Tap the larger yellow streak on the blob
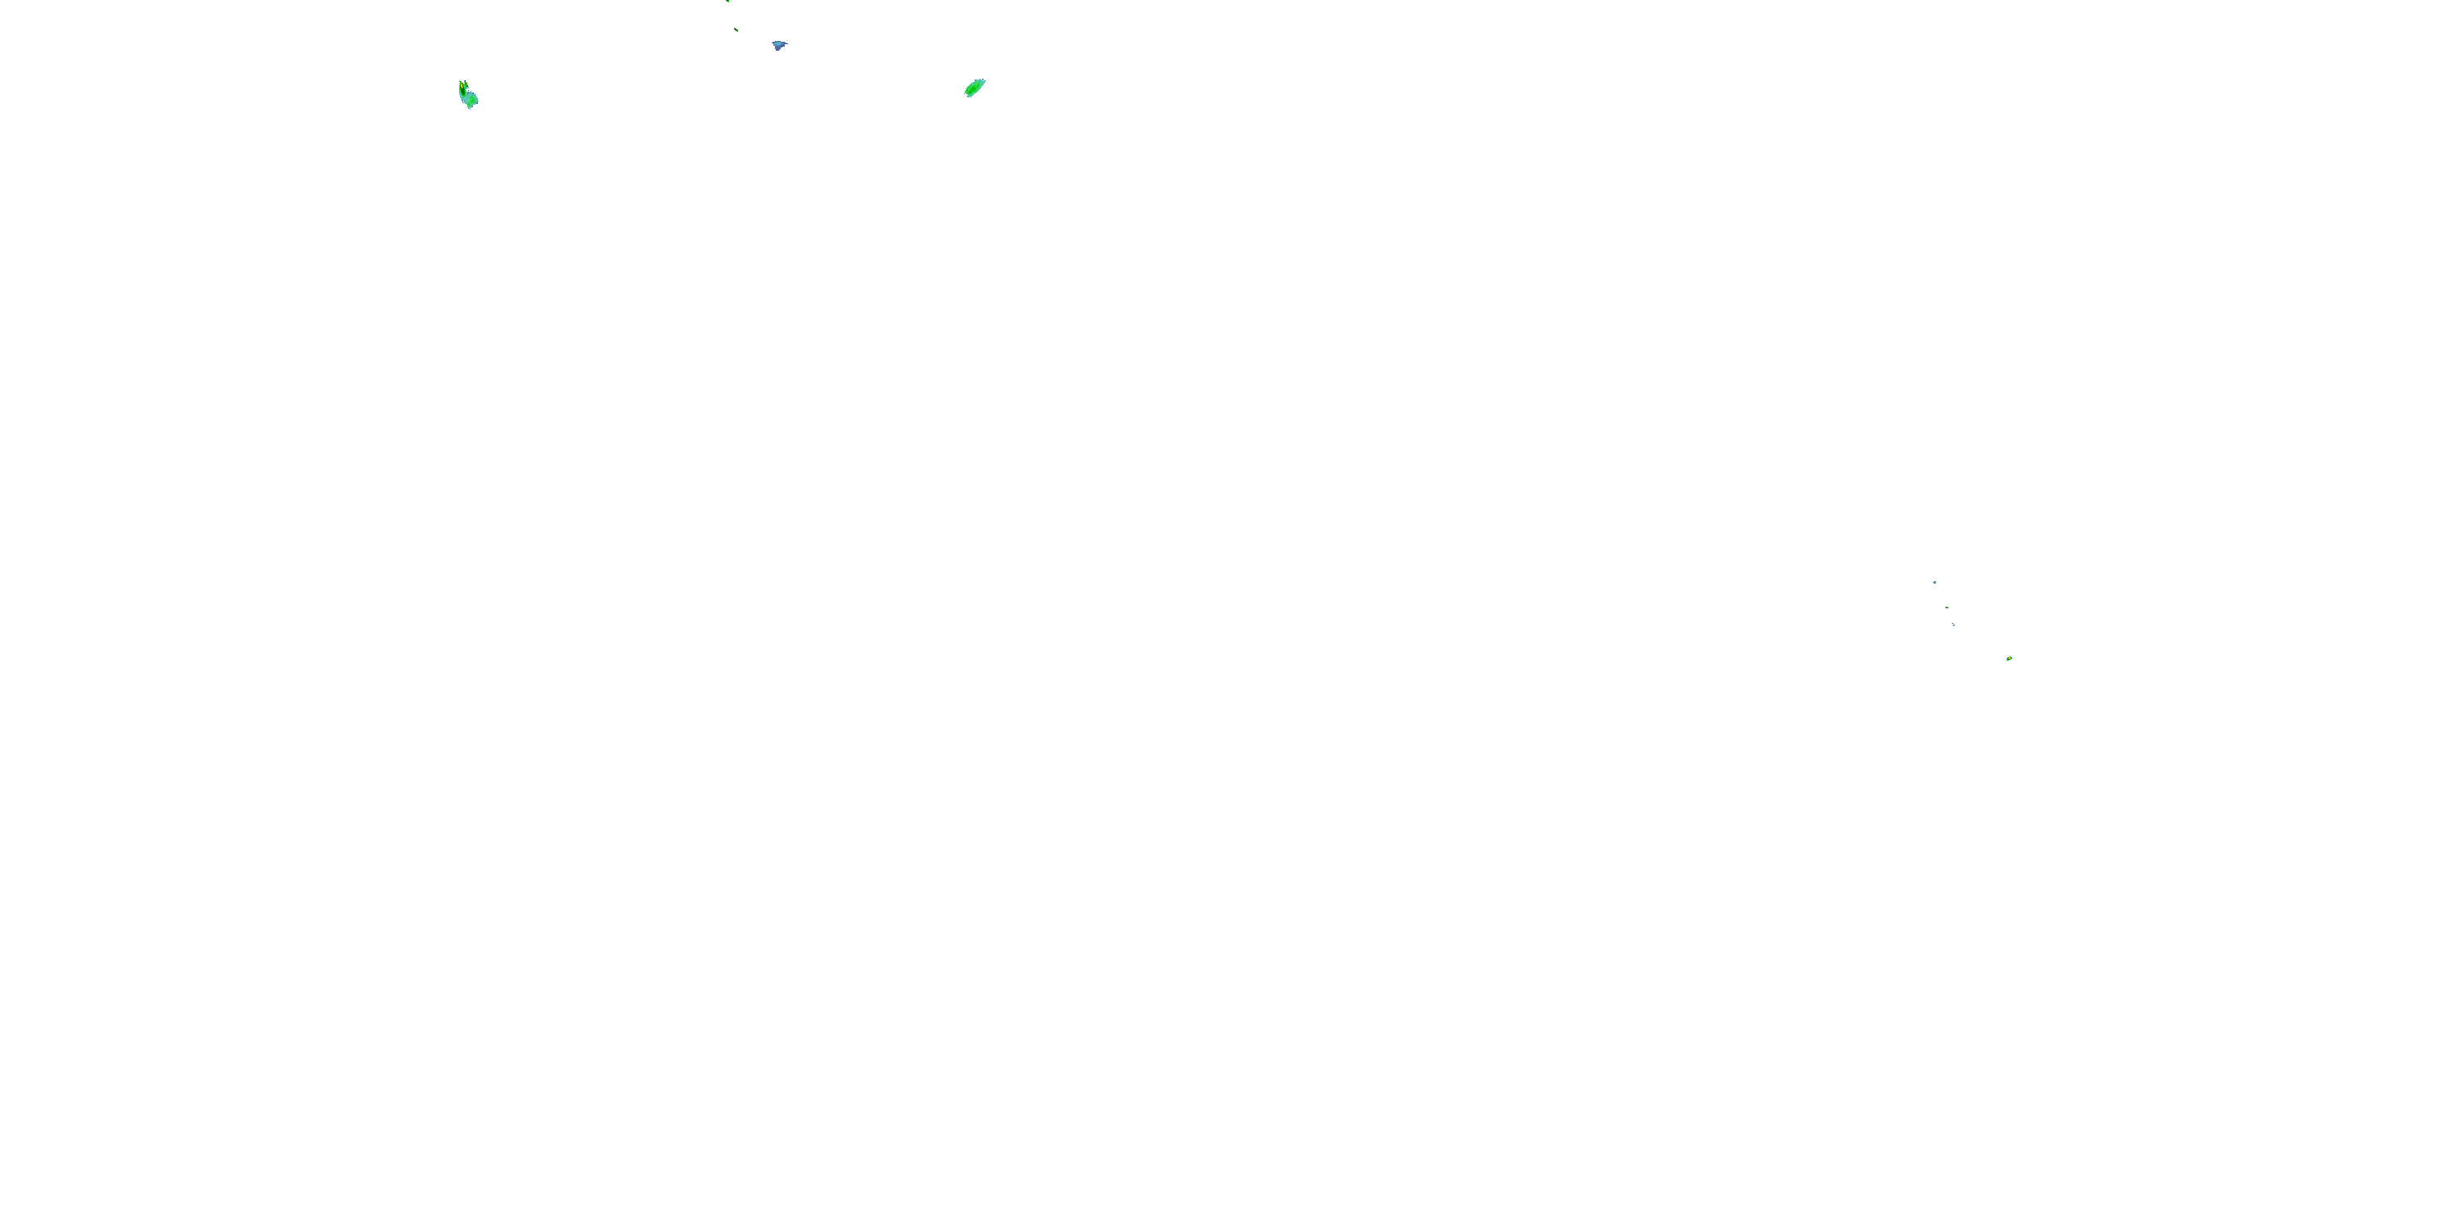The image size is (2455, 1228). tap(462, 86)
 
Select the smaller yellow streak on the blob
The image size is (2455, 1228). tap(467, 84)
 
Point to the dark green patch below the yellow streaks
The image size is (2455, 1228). tap(463, 93)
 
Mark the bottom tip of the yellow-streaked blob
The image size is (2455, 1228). tap(470, 109)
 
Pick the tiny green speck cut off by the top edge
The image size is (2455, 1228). tap(728, 1)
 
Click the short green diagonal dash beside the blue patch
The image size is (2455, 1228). tap(736, 29)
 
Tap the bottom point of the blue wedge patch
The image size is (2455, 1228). tap(777, 51)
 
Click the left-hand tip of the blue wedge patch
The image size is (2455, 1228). tap(773, 43)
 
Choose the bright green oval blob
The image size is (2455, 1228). tap(974, 88)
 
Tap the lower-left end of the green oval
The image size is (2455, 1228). tap(966, 94)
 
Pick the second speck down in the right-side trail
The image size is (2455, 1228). tap(1947, 607)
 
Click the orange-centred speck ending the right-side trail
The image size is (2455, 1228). tap(2010, 658)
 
